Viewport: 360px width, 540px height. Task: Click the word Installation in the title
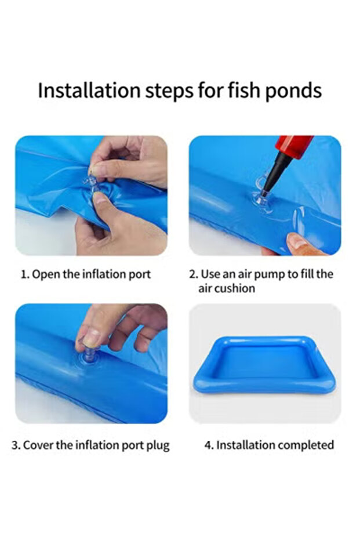[x=89, y=90]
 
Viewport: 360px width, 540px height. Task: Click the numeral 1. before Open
[x=25, y=274]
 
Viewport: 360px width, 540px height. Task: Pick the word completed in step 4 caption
[x=306, y=445]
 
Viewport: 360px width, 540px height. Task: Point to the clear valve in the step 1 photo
[x=90, y=183]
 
